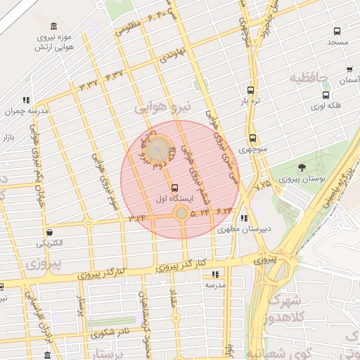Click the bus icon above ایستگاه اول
click(174, 187)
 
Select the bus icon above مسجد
click(337, 32)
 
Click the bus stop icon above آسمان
click(349, 70)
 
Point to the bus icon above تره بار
click(251, 90)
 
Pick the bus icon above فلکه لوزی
click(325, 95)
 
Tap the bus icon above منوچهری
click(251, 138)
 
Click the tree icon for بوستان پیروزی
click(302, 168)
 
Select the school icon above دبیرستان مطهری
click(244, 217)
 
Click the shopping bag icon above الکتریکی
click(49, 232)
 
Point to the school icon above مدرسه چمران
click(27, 100)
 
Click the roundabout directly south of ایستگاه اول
click(181, 212)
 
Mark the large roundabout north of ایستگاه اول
click(160, 149)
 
